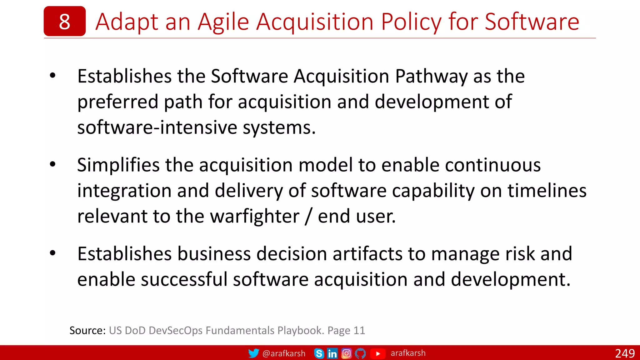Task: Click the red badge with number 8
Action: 64,21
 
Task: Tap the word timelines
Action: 547,191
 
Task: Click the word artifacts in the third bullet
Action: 367,253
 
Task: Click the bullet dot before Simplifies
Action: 52,164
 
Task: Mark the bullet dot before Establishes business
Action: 52,253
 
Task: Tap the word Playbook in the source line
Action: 300,330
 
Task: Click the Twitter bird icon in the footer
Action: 253,353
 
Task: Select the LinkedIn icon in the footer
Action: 332,353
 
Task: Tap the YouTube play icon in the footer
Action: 377,353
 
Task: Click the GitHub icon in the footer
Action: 360,353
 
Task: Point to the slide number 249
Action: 625,353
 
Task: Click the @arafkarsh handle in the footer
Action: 284,353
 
